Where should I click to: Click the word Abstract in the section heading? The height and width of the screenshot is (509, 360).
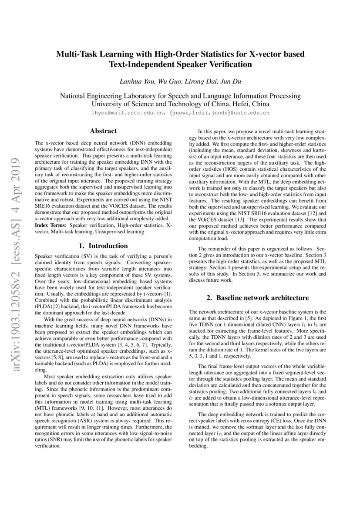click(103, 131)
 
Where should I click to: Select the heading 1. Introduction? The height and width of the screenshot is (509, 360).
click(103, 246)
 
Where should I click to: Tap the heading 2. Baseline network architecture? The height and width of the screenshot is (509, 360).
click(258, 298)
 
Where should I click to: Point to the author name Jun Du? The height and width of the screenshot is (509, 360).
click(226, 81)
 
